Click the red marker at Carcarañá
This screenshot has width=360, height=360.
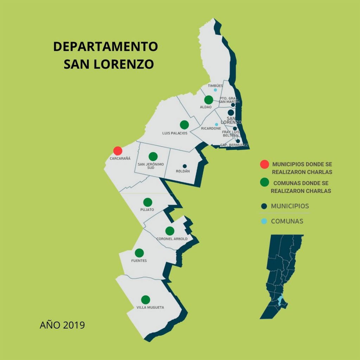point(118,151)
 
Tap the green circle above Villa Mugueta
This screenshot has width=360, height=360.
point(146,300)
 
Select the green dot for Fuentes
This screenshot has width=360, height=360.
point(139,253)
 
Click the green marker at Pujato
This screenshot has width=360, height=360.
point(148,202)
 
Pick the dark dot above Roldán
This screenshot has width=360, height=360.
point(185,166)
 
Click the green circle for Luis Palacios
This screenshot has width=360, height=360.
point(184,124)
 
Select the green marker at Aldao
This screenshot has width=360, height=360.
point(208,99)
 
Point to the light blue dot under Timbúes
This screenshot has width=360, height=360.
point(216,90)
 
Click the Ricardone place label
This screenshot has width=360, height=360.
point(211,129)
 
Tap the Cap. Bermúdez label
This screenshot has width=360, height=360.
point(234,145)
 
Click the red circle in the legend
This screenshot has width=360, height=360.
point(264,164)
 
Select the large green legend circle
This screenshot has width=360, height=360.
point(264,182)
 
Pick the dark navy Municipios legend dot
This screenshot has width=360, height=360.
point(264,206)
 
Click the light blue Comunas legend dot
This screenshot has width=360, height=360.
point(264,221)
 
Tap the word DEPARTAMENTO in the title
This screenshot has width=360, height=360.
point(105,47)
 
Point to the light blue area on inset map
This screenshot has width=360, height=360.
point(280,301)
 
